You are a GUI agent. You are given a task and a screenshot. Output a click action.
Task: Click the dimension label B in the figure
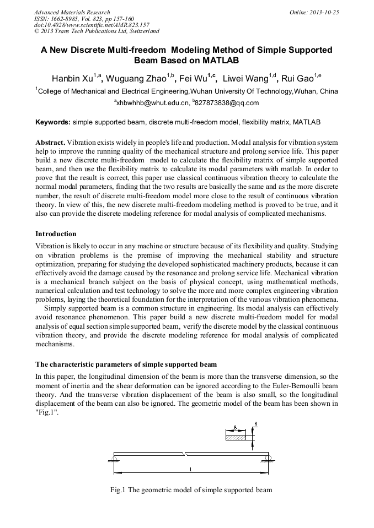tap(236, 427)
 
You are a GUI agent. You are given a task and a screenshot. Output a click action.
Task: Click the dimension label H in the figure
tap(255, 424)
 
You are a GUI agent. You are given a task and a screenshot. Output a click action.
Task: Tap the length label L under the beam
tap(190, 470)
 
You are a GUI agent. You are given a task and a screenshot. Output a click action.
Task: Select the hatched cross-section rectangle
tap(236, 438)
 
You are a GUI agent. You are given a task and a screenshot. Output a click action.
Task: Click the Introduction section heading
tap(56, 234)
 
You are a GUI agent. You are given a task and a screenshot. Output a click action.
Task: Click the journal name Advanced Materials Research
tap(72, 12)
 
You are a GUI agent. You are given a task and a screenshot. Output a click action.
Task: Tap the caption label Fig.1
tap(119, 489)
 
